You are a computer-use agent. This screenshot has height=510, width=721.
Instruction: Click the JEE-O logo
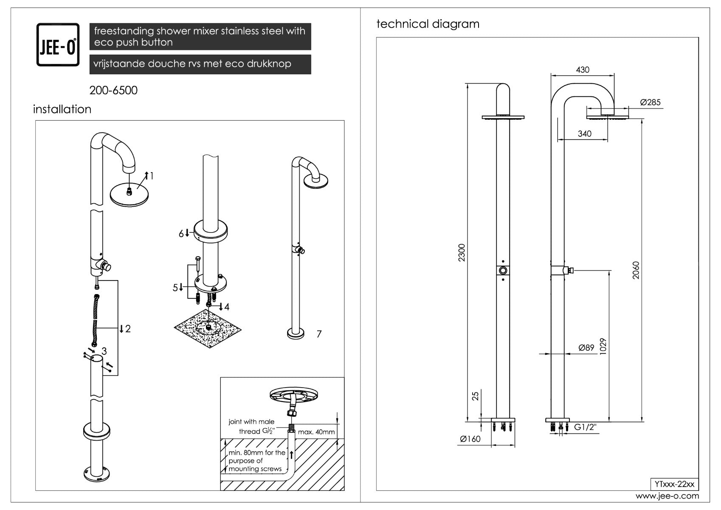(x=58, y=45)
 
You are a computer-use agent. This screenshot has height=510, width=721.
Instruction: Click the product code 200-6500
(x=113, y=91)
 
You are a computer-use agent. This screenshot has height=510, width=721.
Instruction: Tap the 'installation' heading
(x=62, y=109)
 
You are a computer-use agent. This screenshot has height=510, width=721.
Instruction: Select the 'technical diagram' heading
(x=428, y=24)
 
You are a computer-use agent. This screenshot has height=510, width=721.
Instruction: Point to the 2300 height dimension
(x=462, y=252)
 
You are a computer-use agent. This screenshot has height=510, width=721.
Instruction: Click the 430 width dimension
(x=583, y=70)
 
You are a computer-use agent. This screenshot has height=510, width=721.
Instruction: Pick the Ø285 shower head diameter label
(x=650, y=102)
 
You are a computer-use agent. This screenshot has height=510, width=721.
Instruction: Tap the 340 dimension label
(x=584, y=134)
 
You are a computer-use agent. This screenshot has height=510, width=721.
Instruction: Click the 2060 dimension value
(x=636, y=270)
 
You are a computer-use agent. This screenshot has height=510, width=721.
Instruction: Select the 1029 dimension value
(x=603, y=346)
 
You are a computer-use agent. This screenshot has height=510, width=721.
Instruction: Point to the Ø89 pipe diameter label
(x=586, y=348)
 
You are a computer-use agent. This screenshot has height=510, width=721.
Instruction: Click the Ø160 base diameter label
(x=470, y=439)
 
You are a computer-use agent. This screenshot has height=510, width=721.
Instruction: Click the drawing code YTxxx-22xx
(x=674, y=484)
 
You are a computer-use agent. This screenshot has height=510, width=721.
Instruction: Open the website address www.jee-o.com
(x=667, y=496)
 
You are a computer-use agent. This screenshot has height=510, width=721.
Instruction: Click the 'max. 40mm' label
(x=316, y=432)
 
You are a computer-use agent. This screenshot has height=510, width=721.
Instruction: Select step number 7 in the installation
(x=319, y=334)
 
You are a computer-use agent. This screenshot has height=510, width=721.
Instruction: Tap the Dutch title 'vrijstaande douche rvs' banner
(x=200, y=64)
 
